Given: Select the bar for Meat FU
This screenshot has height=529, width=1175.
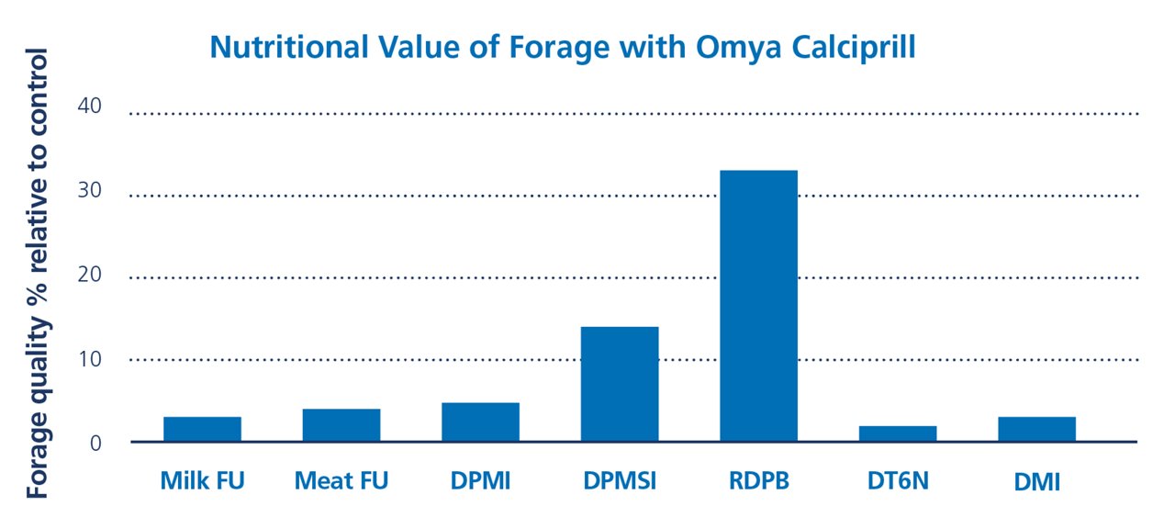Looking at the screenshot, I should pos(341,425).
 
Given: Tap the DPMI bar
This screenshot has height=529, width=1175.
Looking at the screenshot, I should pos(480,422).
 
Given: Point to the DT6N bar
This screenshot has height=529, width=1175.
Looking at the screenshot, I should pos(898,433).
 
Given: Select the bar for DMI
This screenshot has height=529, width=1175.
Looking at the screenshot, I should pos(1036,429).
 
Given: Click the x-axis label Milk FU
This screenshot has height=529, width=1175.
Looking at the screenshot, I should pos(202,480).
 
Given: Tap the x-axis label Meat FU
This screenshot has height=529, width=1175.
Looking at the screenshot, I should pos(341,480).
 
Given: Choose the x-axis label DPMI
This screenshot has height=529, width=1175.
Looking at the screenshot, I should pos(480,480).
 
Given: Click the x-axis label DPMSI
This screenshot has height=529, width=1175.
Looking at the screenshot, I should pos(620,480).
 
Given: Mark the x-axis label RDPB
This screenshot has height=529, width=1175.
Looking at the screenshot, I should pos(758,480).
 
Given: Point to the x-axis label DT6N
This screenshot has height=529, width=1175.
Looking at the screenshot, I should pos(898,480).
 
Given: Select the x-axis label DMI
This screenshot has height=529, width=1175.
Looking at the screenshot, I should pos(1036,480).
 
